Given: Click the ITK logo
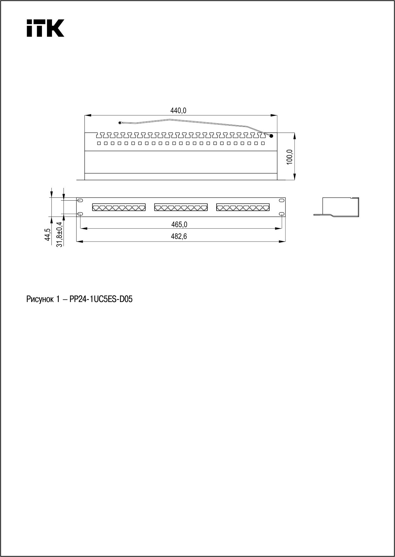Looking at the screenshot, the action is [x=45, y=28].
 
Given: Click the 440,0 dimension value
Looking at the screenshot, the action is [x=178, y=111].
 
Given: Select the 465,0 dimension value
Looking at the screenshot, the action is [x=179, y=224].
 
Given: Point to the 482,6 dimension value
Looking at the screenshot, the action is [x=179, y=237].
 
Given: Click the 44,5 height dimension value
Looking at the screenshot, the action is [x=48, y=235].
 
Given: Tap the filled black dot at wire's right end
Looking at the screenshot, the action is [x=271, y=136].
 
